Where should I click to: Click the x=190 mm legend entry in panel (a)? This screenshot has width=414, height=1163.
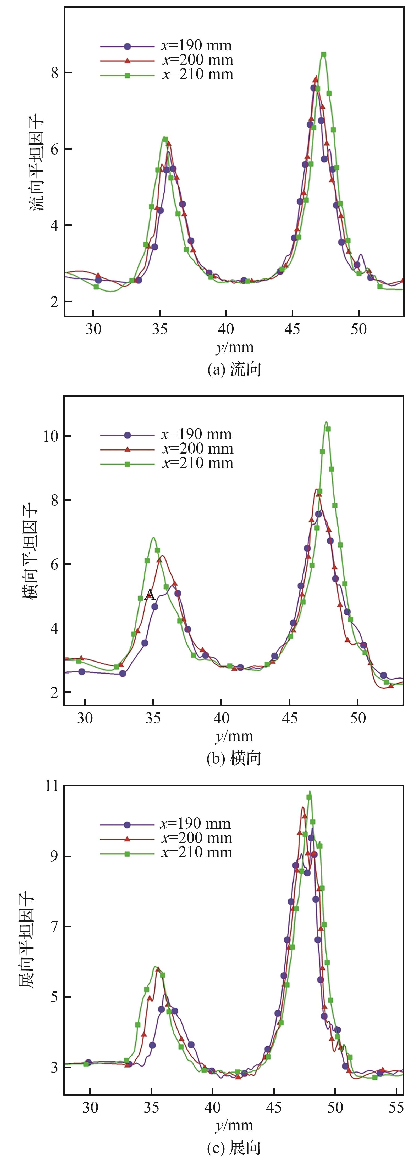tap(165, 45)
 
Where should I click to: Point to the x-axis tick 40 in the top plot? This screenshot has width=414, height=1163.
tap(226, 329)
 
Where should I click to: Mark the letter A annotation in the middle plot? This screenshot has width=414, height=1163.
tap(150, 595)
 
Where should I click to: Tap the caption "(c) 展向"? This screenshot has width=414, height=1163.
tap(234, 1147)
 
